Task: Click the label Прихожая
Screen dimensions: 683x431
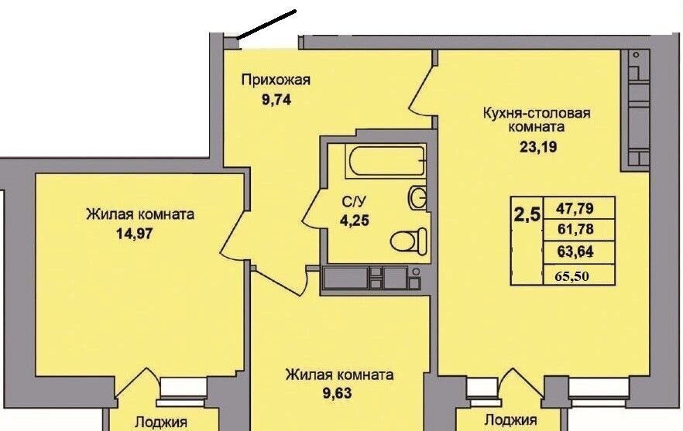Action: tap(276, 80)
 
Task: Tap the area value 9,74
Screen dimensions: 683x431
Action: tap(276, 100)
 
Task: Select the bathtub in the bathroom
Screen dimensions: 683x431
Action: tap(386, 161)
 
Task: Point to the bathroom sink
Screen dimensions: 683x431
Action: tap(417, 197)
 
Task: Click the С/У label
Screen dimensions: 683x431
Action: tap(354, 202)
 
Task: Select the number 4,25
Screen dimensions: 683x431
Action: tap(355, 221)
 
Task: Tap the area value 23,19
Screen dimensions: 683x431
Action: tap(538, 147)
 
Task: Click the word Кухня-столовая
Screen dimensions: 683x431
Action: tap(537, 113)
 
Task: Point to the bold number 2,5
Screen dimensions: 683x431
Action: tap(527, 214)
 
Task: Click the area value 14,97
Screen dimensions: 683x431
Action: tap(135, 234)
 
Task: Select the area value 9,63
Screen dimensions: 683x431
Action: tap(337, 394)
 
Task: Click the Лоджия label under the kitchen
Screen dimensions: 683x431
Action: tap(510, 420)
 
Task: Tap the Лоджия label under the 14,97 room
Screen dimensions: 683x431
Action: tap(161, 422)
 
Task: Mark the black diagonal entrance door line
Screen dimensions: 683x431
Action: tap(267, 25)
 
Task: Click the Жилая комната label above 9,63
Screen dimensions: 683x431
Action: tap(339, 375)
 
